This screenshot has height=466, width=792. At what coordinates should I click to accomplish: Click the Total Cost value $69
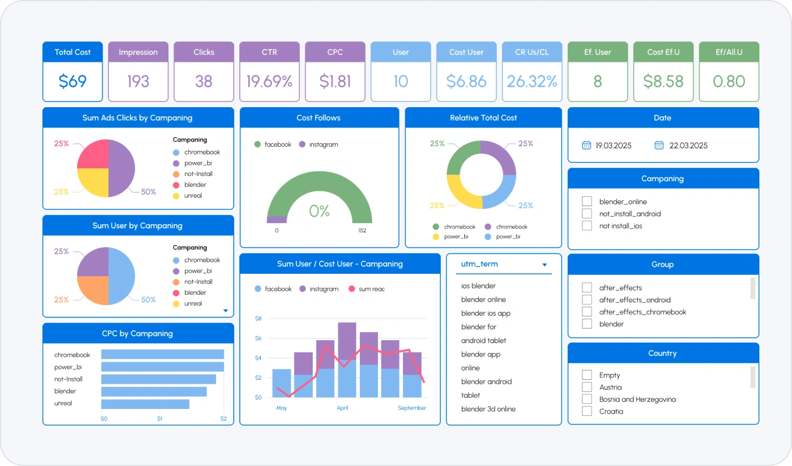click(72, 82)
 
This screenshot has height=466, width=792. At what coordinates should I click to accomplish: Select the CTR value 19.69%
click(270, 82)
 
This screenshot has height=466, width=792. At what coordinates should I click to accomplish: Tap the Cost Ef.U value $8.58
click(663, 82)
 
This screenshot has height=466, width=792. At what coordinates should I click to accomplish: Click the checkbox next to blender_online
click(587, 201)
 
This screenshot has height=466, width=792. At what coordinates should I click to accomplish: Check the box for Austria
click(587, 387)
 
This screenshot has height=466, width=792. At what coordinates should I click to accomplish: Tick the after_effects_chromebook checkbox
click(587, 312)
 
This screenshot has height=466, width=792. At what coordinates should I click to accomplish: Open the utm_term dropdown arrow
click(544, 264)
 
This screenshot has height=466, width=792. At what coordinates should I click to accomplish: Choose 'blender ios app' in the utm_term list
click(486, 313)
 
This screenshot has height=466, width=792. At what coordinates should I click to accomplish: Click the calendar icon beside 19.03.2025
click(586, 145)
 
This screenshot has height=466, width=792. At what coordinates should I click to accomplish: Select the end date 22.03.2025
click(688, 146)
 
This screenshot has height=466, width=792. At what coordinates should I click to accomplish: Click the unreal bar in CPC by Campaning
click(146, 404)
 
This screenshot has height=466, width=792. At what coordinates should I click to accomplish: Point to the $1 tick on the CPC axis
click(160, 419)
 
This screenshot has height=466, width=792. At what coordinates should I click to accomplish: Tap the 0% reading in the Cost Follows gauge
click(319, 211)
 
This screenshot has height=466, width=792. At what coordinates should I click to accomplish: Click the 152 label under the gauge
click(362, 231)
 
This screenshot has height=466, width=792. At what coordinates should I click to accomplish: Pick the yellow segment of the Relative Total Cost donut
click(461, 193)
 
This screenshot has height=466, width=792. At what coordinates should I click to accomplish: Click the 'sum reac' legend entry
click(367, 289)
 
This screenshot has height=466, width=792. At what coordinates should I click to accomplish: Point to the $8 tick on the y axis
click(258, 319)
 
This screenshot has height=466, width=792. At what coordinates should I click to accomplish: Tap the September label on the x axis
click(412, 408)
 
